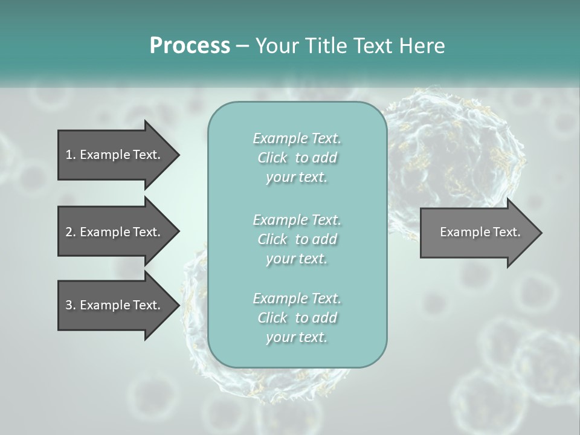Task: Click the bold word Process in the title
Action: click(x=190, y=46)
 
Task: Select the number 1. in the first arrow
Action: click(x=71, y=155)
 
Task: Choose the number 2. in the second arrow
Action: click(x=71, y=232)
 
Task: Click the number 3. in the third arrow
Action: click(x=71, y=305)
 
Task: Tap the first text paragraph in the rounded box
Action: click(x=297, y=158)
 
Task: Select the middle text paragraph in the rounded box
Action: click(x=297, y=239)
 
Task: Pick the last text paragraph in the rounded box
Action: click(x=297, y=318)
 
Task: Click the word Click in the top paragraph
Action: click(x=272, y=158)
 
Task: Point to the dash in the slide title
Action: click(x=242, y=46)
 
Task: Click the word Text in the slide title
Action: click(x=371, y=46)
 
